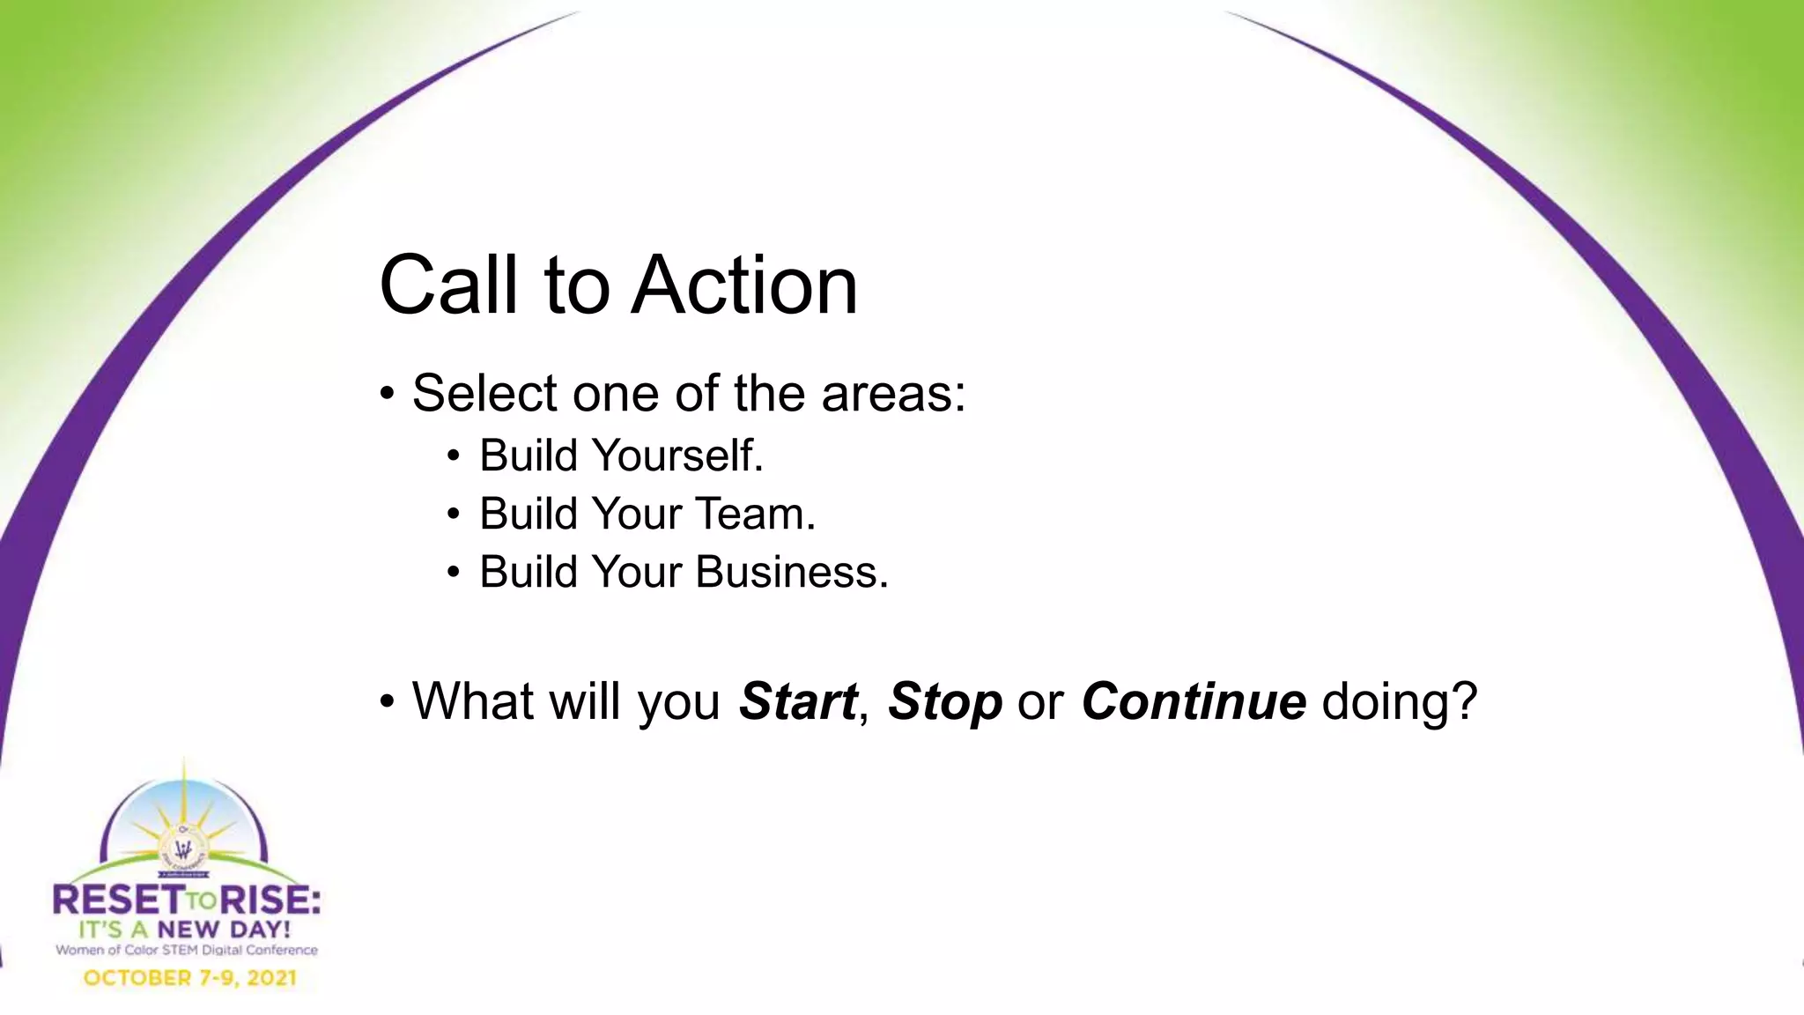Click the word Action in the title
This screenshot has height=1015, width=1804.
745,285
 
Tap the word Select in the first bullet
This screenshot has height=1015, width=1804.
484,393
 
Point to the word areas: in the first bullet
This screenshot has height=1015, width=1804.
893,394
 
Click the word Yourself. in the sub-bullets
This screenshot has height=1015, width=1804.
677,456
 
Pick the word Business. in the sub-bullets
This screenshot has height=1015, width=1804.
792,572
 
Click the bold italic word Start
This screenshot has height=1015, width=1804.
797,701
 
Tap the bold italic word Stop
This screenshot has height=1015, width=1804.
944,701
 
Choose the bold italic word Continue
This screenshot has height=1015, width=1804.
1194,701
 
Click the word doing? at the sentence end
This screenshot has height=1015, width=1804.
1399,703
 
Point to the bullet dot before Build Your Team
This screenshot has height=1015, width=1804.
453,515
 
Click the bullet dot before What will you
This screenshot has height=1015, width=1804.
388,703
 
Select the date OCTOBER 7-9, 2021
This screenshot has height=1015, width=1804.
189,978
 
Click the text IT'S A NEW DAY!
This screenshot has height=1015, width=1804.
184,930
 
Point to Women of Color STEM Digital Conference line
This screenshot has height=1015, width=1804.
186,951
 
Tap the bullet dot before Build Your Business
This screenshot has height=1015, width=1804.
453,573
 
